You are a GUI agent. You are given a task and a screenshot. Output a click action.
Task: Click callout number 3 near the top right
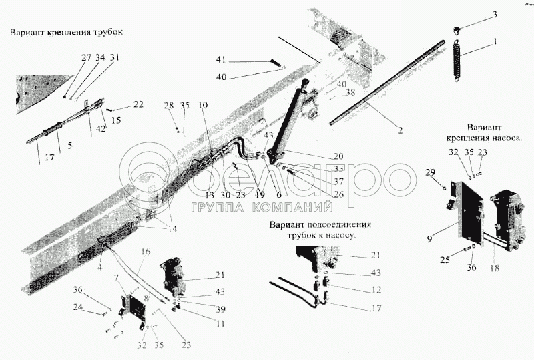(x=495, y=14)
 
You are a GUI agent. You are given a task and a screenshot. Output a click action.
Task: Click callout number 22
(x=138, y=104)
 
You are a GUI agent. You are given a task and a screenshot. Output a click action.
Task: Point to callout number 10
(x=203, y=106)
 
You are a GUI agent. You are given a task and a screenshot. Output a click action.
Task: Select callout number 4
(x=101, y=267)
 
